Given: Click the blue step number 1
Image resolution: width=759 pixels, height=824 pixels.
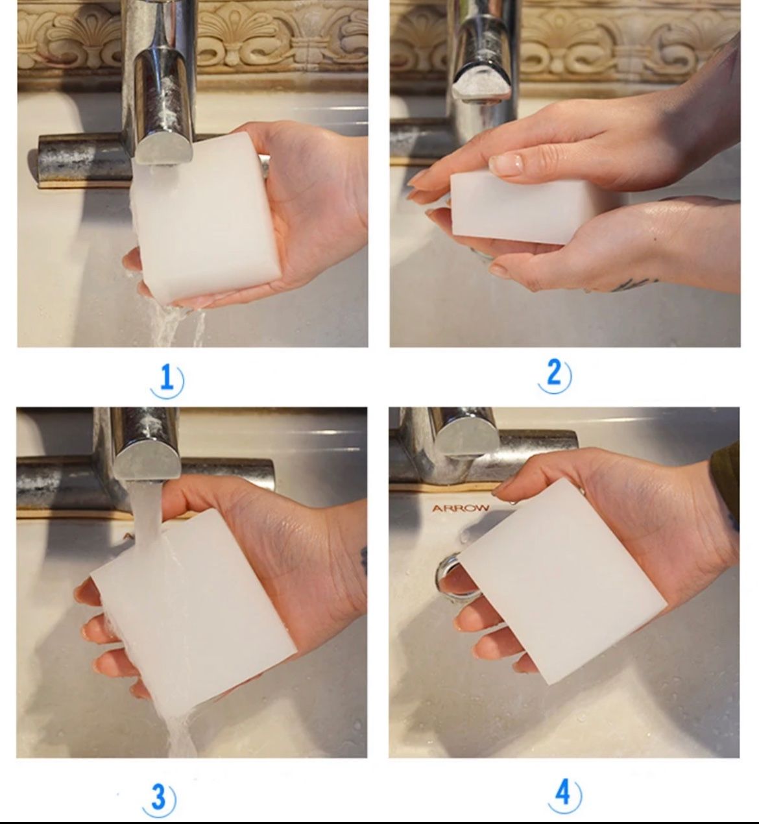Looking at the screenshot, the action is click(x=166, y=378).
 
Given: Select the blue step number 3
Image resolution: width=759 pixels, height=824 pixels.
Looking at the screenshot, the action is click(x=158, y=796).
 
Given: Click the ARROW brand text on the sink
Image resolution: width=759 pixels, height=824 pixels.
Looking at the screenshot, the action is click(x=461, y=508).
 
